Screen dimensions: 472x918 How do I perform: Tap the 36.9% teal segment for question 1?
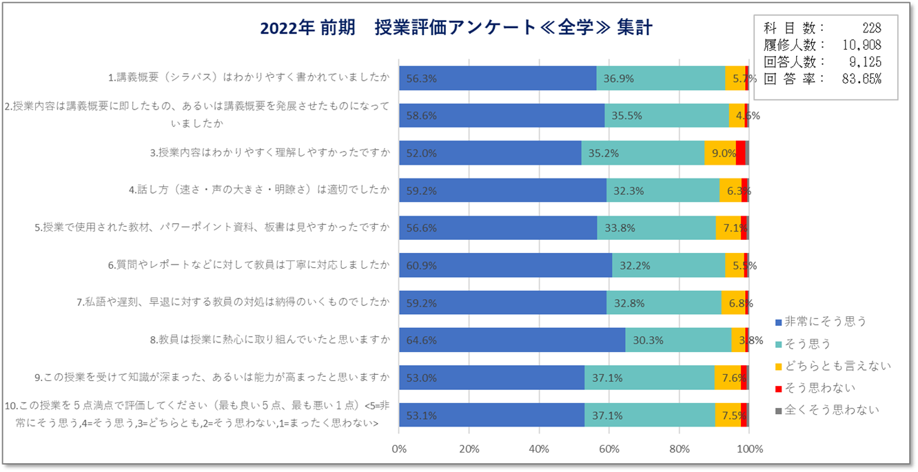click(x=660, y=78)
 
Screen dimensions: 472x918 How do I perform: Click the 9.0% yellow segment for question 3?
click(x=720, y=153)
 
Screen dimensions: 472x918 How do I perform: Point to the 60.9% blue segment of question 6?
click(x=505, y=265)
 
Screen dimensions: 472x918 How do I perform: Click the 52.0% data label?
click(x=422, y=154)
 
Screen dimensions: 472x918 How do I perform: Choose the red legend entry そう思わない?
click(x=820, y=388)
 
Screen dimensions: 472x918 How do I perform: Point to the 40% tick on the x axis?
click(x=538, y=449)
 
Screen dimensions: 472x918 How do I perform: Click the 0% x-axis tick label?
click(x=399, y=449)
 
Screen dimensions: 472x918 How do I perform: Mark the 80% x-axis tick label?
click(x=679, y=449)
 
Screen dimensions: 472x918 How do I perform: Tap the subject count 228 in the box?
click(x=870, y=28)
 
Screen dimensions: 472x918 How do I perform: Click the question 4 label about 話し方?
click(x=260, y=190)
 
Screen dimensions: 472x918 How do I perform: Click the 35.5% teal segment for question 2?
click(x=666, y=115)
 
